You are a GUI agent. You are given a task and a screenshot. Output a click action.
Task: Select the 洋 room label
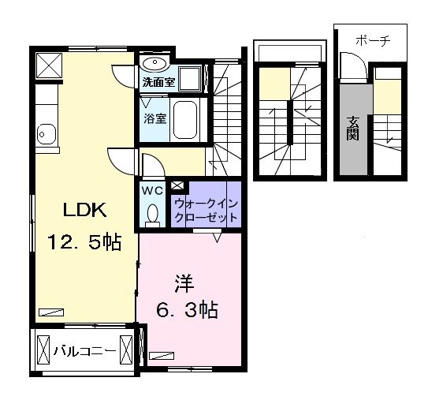point(184,282)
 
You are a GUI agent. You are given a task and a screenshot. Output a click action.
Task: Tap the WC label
point(151,190)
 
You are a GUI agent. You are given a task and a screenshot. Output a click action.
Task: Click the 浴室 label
point(154,119)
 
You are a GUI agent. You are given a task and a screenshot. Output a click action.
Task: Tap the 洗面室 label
point(157,81)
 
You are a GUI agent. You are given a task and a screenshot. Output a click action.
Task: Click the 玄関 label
point(352,129)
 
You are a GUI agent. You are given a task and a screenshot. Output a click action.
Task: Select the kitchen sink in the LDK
point(44,135)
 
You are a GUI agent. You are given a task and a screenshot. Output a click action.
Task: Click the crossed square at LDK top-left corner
point(47,65)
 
